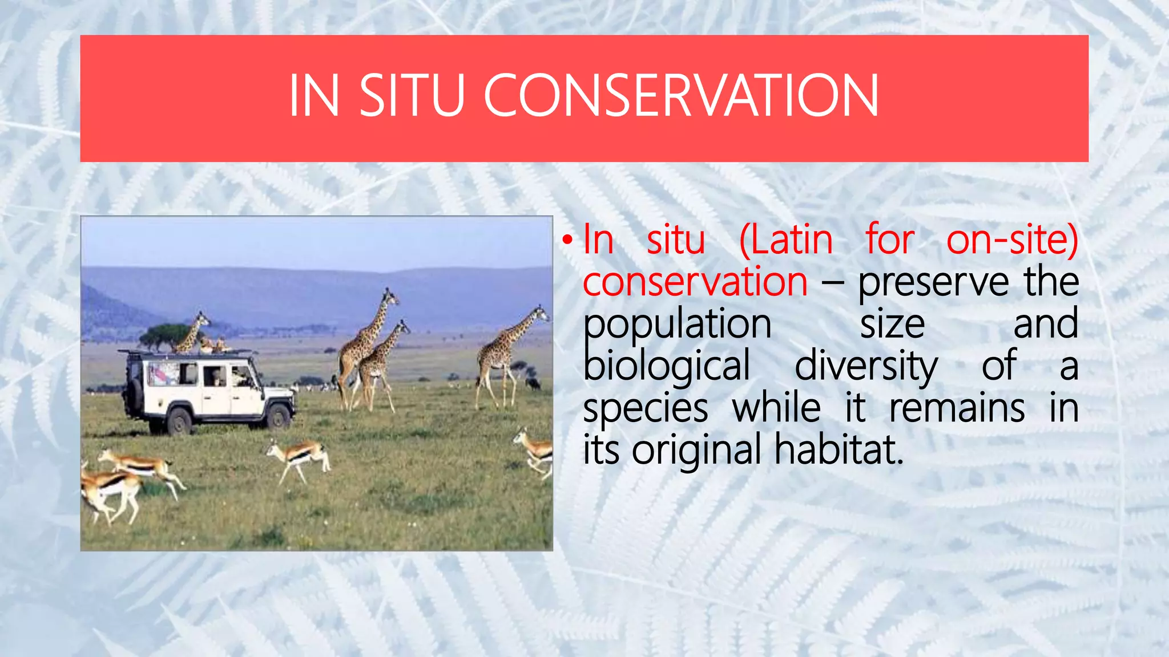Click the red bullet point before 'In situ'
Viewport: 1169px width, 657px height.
(566, 240)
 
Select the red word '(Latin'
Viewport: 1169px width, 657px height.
(786, 240)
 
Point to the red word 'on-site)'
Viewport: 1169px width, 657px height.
(1012, 240)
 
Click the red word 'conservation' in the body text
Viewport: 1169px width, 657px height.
(695, 282)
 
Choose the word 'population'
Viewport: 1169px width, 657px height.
(677, 324)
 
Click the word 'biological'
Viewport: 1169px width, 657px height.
(666, 366)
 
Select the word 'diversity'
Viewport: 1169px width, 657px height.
(866, 366)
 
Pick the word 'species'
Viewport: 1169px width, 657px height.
(646, 408)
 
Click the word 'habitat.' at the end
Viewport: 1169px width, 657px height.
(839, 451)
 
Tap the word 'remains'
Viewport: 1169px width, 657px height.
(957, 408)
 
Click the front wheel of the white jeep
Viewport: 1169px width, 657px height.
(279, 416)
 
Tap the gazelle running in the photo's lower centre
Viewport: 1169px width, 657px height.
(299, 457)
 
